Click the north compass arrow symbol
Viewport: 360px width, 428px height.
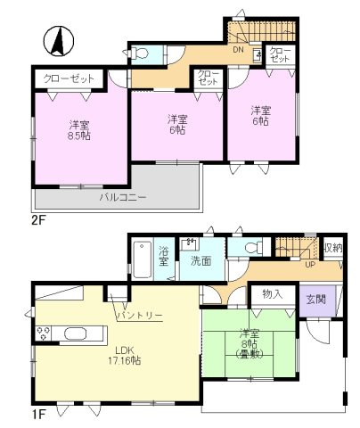pyautogui.click(x=56, y=39)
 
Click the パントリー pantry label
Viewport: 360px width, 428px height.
pyautogui.click(x=138, y=316)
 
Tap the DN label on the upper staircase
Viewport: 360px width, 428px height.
pyautogui.click(x=239, y=51)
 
